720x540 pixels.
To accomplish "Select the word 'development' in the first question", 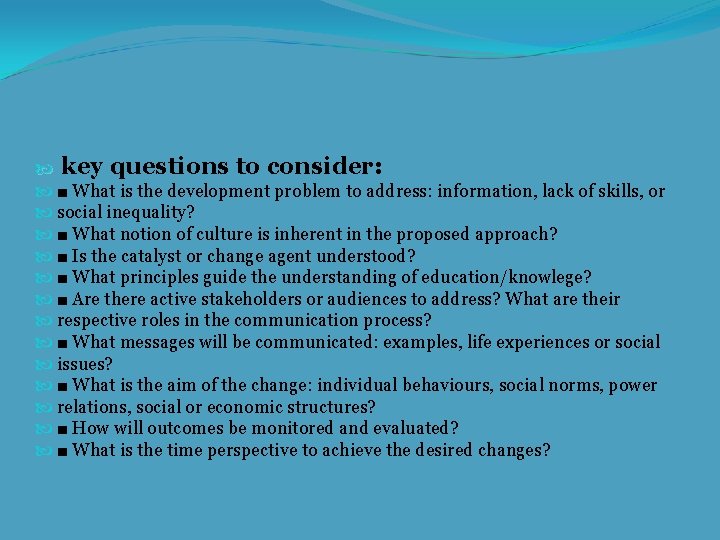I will [x=218, y=191].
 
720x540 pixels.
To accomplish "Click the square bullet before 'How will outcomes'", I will [x=63, y=429].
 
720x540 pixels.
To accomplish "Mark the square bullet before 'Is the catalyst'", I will [x=63, y=257].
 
